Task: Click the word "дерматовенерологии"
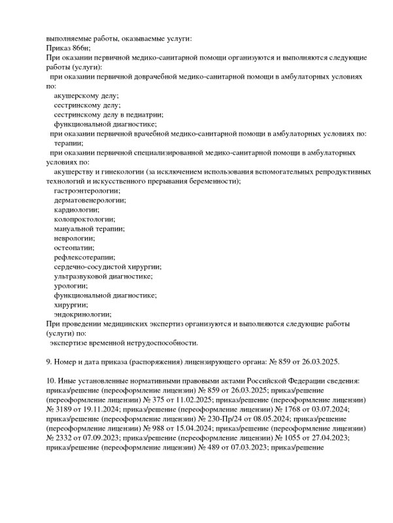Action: (89, 200)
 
